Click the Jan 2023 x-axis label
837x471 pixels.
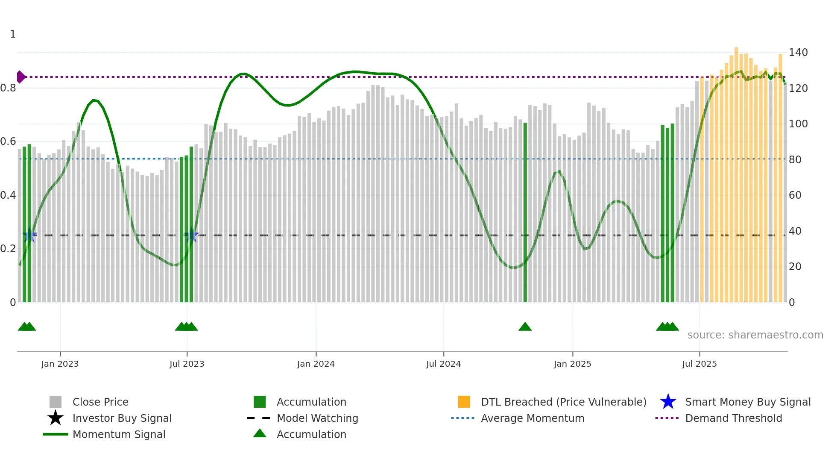60,364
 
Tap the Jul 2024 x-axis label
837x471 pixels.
443,364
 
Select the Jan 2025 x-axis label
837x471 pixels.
572,364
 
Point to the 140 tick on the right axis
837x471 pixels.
798,53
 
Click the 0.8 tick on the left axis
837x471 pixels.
9,88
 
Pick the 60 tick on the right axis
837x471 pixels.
795,195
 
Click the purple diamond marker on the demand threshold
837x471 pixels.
20,77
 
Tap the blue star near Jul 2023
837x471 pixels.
191,235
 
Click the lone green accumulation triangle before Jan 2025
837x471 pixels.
525,327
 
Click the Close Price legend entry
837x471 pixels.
100,402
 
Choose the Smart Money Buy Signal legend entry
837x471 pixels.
747,402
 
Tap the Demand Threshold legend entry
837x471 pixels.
733,418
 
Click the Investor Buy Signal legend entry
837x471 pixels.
122,418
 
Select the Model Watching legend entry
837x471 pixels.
317,418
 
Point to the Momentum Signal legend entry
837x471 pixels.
119,434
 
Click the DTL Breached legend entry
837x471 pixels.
563,402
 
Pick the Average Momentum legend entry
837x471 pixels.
533,418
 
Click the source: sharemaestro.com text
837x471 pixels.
755,335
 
